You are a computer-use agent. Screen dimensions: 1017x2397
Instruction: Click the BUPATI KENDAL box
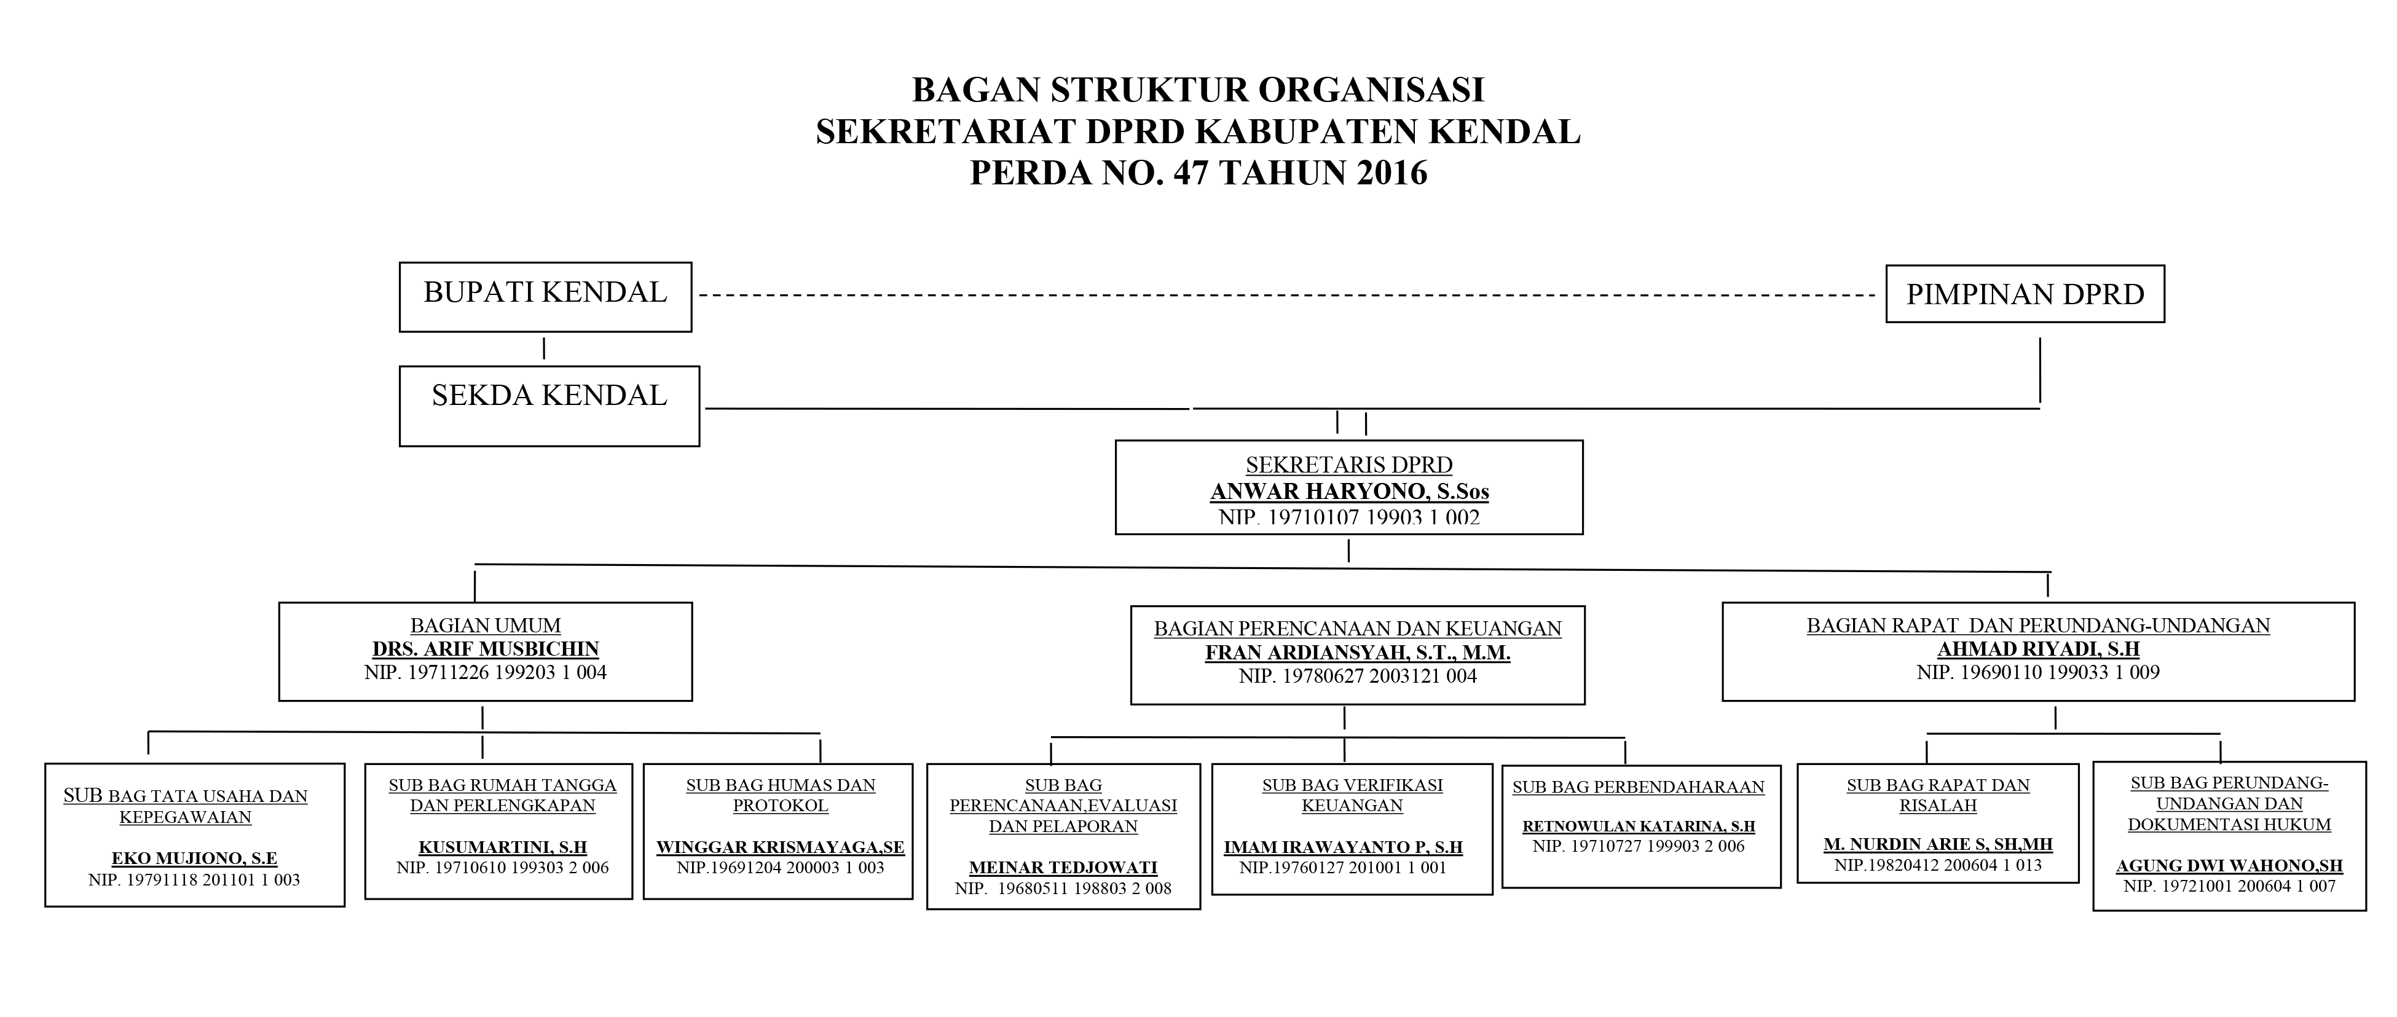[545, 296]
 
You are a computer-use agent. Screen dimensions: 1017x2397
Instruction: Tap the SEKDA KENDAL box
[549, 405]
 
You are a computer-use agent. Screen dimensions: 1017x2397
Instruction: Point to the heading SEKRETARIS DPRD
[1349, 465]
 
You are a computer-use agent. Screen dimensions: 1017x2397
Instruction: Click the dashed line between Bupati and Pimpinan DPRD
[1284, 296]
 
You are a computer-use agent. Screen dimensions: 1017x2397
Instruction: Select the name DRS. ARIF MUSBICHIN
[486, 650]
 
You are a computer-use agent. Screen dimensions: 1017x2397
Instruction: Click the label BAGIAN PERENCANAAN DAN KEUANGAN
[1358, 629]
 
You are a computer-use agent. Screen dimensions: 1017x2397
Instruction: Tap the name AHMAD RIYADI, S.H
[2038, 650]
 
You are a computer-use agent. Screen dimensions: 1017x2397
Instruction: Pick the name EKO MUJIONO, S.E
[194, 859]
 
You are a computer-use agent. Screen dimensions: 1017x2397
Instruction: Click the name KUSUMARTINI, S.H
[503, 847]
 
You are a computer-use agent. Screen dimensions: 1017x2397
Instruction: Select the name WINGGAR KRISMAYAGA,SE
[780, 847]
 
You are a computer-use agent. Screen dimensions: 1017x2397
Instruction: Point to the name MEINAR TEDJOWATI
[1063, 868]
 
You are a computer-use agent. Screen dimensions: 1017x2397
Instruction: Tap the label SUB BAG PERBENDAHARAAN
[1639, 787]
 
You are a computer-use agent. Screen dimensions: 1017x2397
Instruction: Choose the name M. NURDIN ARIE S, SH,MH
[1938, 845]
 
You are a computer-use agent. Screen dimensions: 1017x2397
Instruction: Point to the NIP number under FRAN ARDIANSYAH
[1358, 677]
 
